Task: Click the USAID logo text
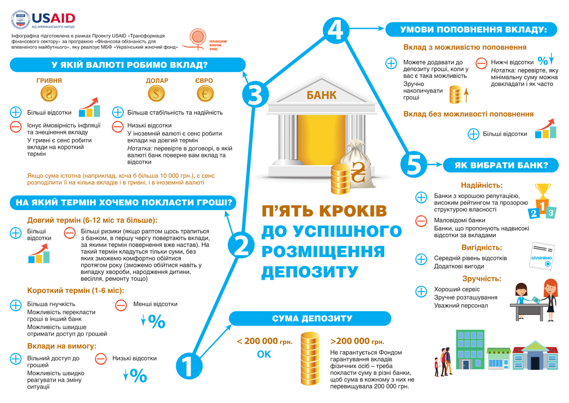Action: (x=53, y=18)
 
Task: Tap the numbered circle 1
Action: (x=189, y=366)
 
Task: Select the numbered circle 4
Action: (x=336, y=30)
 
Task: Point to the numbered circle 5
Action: (x=413, y=165)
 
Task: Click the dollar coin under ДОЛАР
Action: (x=156, y=93)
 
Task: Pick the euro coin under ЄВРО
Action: (x=205, y=93)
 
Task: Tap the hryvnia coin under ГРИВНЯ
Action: (x=49, y=93)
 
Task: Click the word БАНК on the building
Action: (x=321, y=95)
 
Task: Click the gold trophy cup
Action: (x=543, y=191)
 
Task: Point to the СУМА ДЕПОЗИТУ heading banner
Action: (x=310, y=318)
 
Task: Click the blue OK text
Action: (x=264, y=354)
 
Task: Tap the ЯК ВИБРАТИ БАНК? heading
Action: (x=501, y=165)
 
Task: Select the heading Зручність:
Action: (x=482, y=279)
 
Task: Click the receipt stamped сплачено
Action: (x=542, y=256)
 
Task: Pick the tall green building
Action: (x=470, y=350)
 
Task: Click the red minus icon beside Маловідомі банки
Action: (x=421, y=221)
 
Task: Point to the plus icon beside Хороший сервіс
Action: (x=421, y=292)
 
